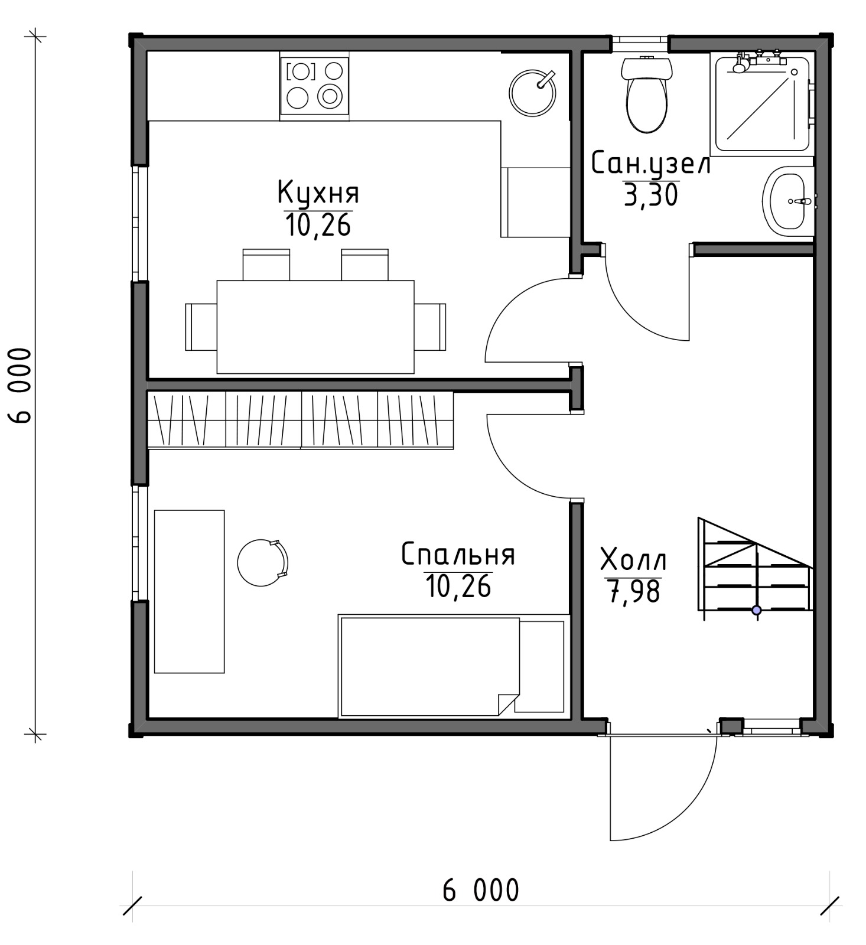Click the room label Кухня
point(318,193)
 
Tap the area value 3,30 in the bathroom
point(650,195)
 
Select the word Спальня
point(458,555)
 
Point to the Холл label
point(633,560)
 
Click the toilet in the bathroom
point(647,94)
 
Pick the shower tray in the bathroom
point(762,103)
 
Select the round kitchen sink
point(533,93)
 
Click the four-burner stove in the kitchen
point(314,86)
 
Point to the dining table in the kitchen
point(315,327)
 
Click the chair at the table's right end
point(430,327)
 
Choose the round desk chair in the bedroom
point(263,562)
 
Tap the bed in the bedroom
point(452,666)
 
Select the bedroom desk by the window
point(190,591)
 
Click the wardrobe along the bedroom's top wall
point(300,420)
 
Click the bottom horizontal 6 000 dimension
point(481,890)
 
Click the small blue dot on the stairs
point(756,611)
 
